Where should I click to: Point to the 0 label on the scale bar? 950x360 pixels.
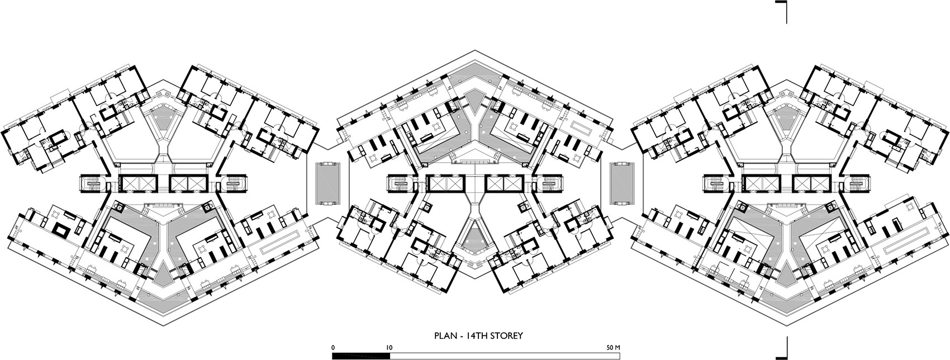pyautogui.click(x=334, y=348)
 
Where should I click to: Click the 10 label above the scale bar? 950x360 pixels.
pyautogui.click(x=389, y=348)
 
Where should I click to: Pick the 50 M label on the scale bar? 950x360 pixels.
pyautogui.click(x=614, y=348)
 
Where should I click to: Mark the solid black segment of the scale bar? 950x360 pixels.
pyautogui.click(x=361, y=356)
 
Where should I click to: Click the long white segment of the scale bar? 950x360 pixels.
pyautogui.click(x=505, y=356)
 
